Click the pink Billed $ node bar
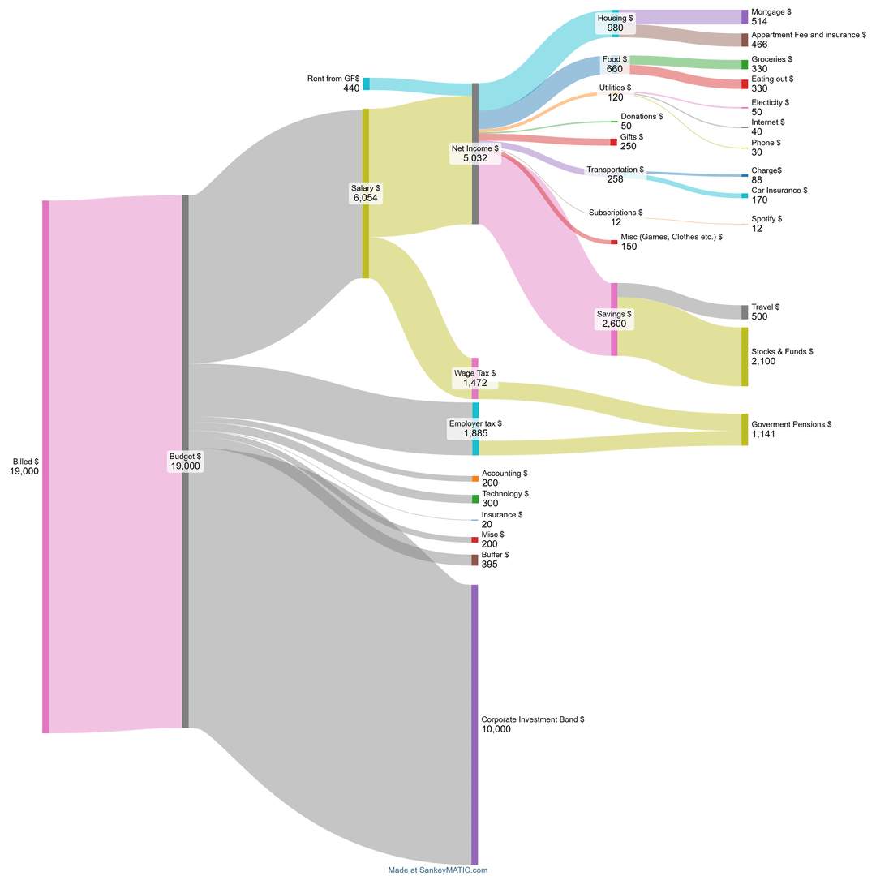point(45,466)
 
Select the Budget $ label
point(185,456)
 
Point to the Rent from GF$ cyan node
point(367,84)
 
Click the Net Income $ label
point(474,148)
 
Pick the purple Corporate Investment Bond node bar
point(474,724)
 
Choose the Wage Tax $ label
point(474,373)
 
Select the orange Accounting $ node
point(475,479)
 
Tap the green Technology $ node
point(475,499)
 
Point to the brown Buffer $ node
point(475,560)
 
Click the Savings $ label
point(614,314)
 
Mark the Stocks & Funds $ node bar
point(745,357)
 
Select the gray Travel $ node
point(745,312)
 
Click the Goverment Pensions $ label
point(792,424)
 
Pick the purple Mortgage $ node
point(745,17)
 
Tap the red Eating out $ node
point(745,84)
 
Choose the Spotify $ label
point(766,219)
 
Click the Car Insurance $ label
point(779,191)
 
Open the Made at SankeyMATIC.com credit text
point(438,870)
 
